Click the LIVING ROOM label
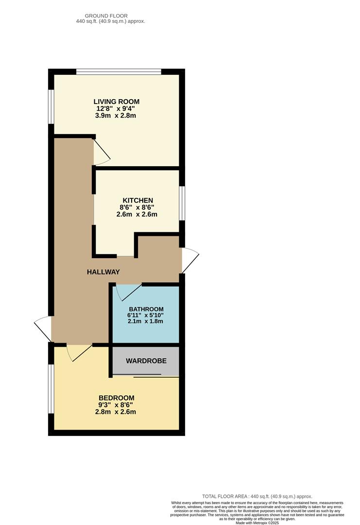(x=116, y=102)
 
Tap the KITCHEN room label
(x=137, y=200)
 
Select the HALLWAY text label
(x=103, y=272)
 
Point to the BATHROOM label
(x=146, y=309)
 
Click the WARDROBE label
(x=146, y=361)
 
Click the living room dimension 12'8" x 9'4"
(x=116, y=109)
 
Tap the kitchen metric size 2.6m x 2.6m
(x=137, y=214)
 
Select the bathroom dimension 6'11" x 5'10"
(x=146, y=315)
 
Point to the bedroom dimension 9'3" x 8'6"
(x=115, y=404)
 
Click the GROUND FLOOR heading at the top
(x=106, y=16)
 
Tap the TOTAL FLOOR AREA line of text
(x=257, y=496)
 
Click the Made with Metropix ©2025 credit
(x=257, y=523)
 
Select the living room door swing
(x=102, y=152)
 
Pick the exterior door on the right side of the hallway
(x=190, y=260)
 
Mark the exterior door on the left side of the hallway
(x=43, y=329)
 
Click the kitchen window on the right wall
(x=182, y=203)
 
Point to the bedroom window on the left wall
(x=51, y=388)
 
